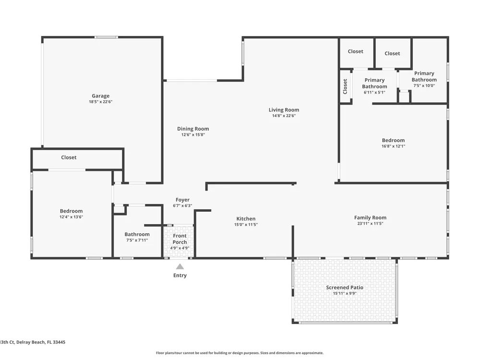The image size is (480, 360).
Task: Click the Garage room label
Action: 100,96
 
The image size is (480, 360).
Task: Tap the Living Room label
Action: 284,110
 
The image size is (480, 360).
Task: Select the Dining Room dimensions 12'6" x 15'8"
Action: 193,135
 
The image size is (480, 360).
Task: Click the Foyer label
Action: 182,200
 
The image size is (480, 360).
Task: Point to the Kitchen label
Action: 246,219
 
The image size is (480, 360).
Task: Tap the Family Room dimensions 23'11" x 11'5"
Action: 370,224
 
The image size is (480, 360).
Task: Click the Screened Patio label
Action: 344,288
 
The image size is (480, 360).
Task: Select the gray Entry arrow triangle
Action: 180,266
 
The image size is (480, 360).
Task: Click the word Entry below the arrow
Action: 180,276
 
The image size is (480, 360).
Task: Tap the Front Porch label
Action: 180,239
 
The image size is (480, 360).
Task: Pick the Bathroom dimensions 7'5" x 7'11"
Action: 137,240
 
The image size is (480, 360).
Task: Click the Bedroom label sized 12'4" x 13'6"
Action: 72,211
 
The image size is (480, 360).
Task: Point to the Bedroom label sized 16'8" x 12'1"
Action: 394,141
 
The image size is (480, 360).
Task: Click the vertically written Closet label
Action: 345,86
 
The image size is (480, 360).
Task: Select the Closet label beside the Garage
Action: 69,157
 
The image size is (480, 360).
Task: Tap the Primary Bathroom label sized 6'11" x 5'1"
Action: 374,83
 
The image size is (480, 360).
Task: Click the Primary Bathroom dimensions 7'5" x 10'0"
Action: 424,86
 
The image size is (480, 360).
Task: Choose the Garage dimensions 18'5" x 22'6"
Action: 100,102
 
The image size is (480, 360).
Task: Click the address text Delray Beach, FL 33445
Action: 41,342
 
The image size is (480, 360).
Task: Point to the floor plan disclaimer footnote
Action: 240,353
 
